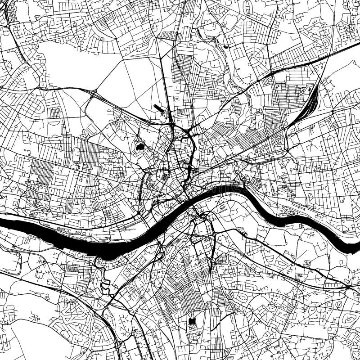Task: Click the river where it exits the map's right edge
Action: point(357,243)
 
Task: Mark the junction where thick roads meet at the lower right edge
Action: point(349,287)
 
